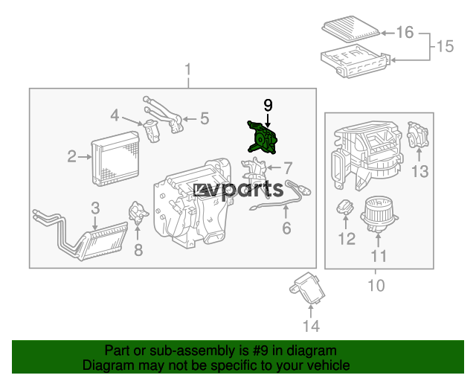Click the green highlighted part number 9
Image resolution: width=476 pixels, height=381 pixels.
click(x=261, y=138)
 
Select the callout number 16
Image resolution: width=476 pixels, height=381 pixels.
click(x=405, y=32)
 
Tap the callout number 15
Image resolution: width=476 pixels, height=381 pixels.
click(x=445, y=46)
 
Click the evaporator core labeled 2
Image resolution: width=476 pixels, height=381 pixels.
click(x=115, y=159)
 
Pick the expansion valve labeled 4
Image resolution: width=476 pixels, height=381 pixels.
click(x=152, y=131)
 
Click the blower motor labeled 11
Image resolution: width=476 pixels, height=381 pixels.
click(x=379, y=214)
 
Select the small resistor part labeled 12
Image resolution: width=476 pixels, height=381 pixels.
click(x=345, y=207)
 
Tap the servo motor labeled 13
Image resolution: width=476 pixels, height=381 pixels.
click(x=418, y=135)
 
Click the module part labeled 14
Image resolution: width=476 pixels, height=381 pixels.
click(x=307, y=288)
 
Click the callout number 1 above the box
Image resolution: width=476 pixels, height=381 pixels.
click(x=188, y=69)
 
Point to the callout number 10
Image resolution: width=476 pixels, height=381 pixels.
click(x=376, y=285)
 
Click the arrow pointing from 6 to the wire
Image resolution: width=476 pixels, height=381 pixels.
click(x=286, y=211)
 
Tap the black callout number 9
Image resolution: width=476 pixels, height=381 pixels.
click(x=268, y=105)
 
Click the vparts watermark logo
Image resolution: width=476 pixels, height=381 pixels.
click(x=239, y=190)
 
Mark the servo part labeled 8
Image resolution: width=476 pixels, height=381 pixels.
click(x=138, y=213)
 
